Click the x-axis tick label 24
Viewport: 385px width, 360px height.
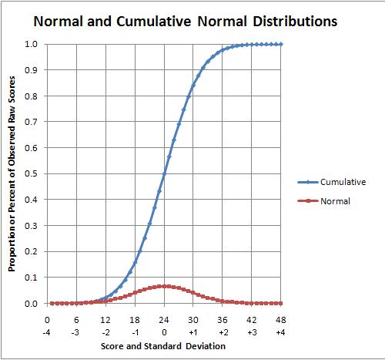click(x=164, y=319)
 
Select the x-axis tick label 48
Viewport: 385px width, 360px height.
click(x=281, y=319)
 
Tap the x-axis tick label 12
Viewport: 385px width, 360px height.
click(x=105, y=319)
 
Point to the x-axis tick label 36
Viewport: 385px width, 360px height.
click(x=223, y=319)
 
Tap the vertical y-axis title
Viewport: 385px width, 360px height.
click(x=13, y=174)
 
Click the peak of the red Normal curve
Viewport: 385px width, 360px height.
click(x=164, y=286)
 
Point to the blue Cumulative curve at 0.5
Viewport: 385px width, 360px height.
click(x=164, y=173)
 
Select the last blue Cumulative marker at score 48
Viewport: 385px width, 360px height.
click(x=281, y=44)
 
